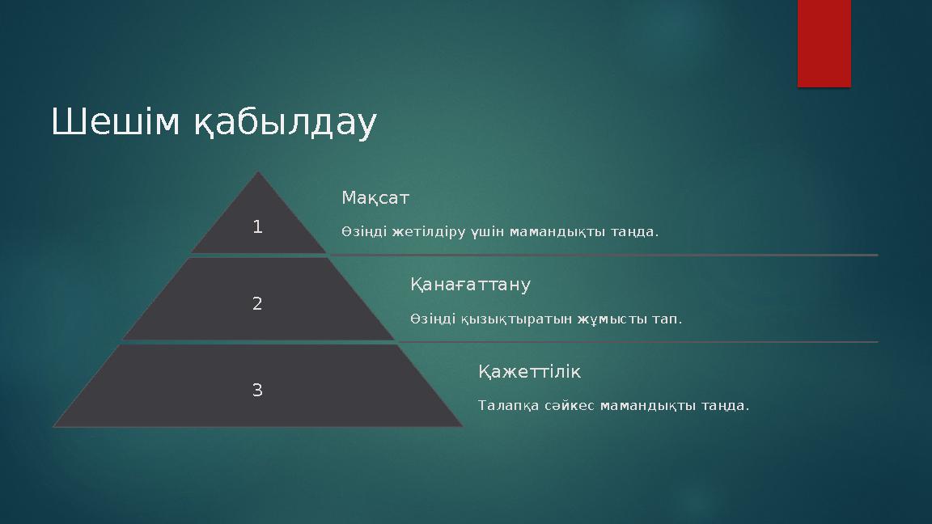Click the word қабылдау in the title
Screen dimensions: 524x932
pyautogui.click(x=284, y=125)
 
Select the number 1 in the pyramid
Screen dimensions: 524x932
pyautogui.click(x=257, y=227)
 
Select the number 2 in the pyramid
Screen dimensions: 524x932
pyautogui.click(x=257, y=304)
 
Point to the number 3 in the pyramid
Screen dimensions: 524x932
pyautogui.click(x=257, y=390)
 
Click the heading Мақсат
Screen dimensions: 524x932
pyautogui.click(x=375, y=198)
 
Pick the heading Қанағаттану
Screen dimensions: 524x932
pyautogui.click(x=470, y=285)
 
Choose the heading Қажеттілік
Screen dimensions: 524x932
pyautogui.click(x=529, y=372)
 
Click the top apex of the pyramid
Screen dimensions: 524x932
pyautogui.click(x=258, y=174)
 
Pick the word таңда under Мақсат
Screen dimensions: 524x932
pyautogui.click(x=638, y=233)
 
